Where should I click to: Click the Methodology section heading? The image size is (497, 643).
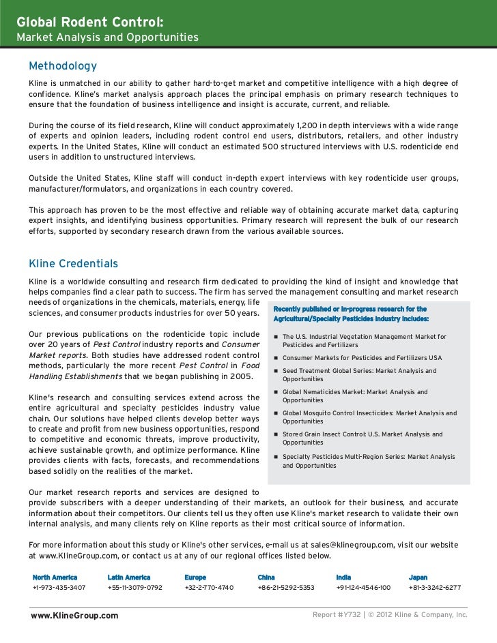click(62, 66)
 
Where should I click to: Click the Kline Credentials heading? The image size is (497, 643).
click(73, 263)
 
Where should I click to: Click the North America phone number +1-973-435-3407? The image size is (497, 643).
click(59, 587)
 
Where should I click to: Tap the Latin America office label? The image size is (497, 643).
click(129, 577)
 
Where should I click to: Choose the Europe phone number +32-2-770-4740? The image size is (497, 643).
click(209, 587)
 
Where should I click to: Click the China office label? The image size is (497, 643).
click(266, 577)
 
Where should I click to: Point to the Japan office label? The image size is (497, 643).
click(418, 577)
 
